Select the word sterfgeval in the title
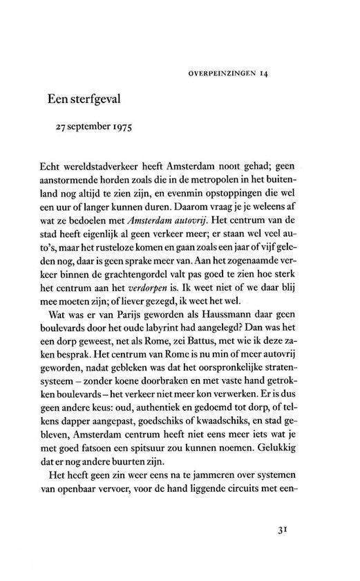(94, 100)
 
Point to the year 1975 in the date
(119, 128)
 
